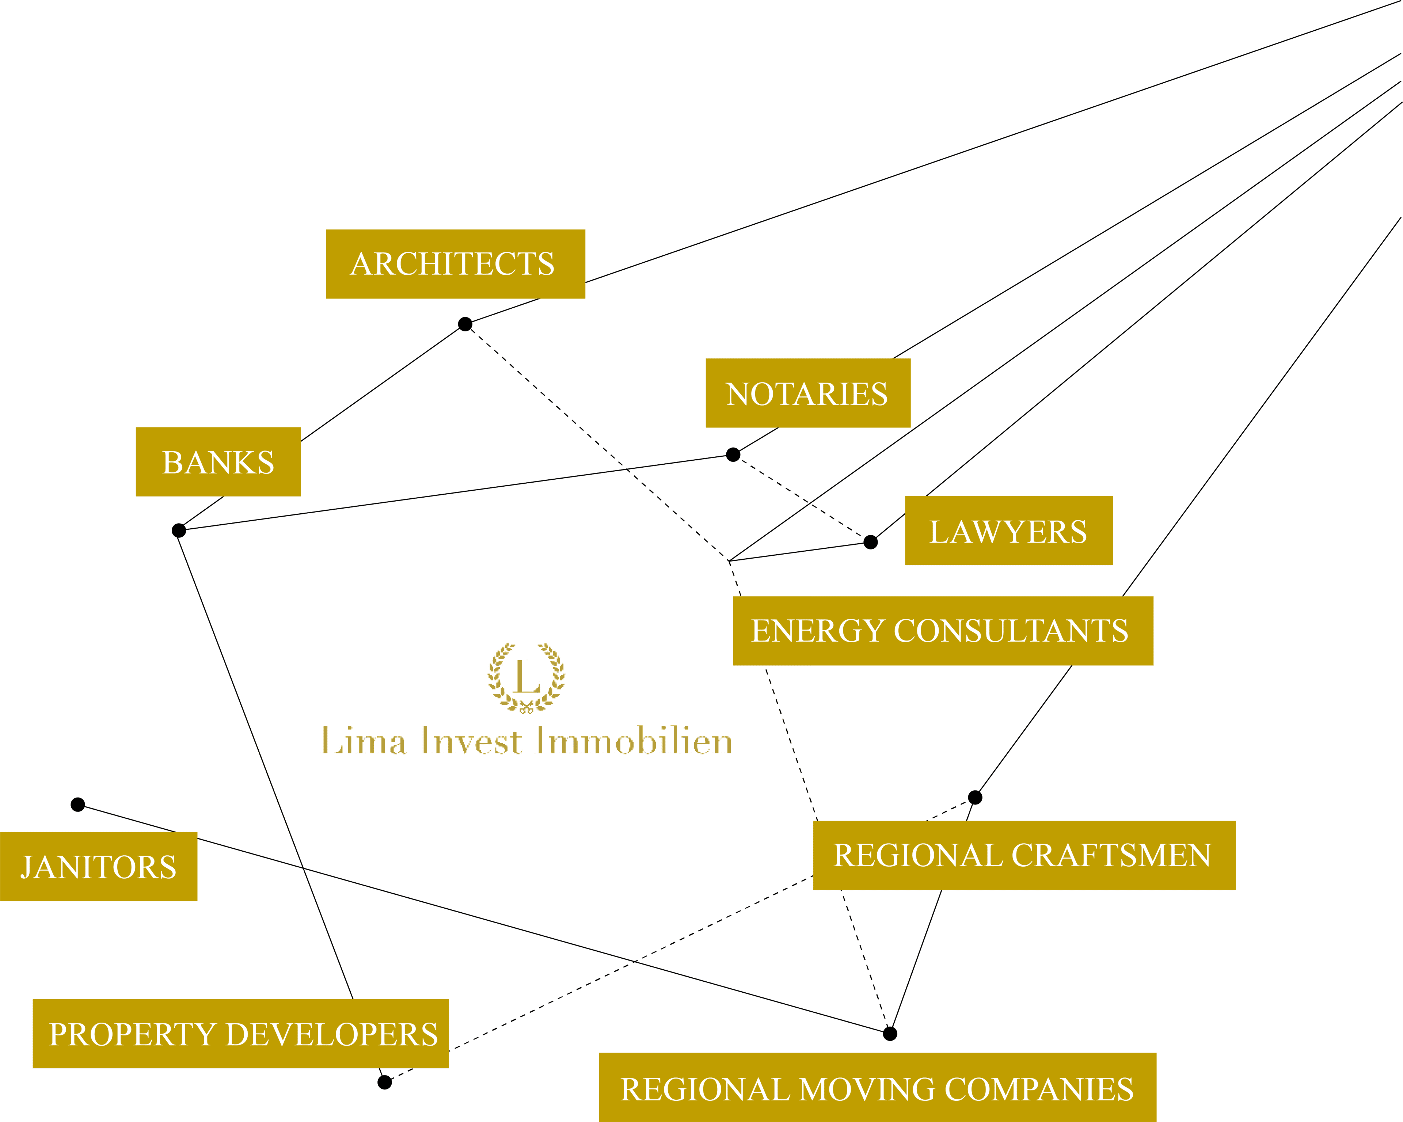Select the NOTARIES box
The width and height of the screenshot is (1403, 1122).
pyautogui.click(x=807, y=393)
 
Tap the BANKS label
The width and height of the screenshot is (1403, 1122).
pyautogui.click(x=218, y=462)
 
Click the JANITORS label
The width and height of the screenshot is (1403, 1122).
pyautogui.click(x=98, y=867)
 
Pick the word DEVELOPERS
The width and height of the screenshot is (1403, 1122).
pyautogui.click(x=331, y=1034)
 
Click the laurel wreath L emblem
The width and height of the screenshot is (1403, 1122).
pyautogui.click(x=526, y=677)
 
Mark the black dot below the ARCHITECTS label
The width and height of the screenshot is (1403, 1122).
pyautogui.click(x=465, y=324)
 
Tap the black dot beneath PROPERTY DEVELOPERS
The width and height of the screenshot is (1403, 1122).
pyautogui.click(x=385, y=1082)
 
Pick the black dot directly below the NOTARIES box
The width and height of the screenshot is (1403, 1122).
pyautogui.click(x=733, y=454)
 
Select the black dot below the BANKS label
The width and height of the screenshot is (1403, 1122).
pyautogui.click(x=179, y=530)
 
